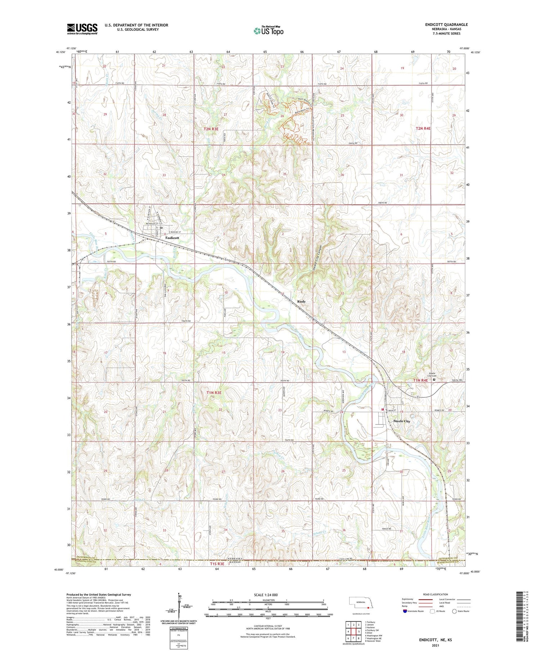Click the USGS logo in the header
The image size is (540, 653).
pyautogui.click(x=82, y=29)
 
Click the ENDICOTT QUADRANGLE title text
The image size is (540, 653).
pyautogui.click(x=446, y=24)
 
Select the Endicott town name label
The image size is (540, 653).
pyautogui.click(x=172, y=238)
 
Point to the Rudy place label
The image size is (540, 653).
pyautogui.click(x=301, y=301)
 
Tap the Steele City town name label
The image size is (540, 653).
pyautogui.click(x=402, y=421)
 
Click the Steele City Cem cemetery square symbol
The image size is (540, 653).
pyautogui.click(x=434, y=379)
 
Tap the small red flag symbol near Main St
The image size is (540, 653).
pyautogui.click(x=382, y=410)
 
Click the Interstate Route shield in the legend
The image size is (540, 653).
pyautogui.click(x=405, y=611)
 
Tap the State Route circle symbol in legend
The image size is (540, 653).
pyautogui.click(x=455, y=611)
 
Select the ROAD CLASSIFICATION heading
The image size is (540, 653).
pyautogui.click(x=436, y=594)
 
